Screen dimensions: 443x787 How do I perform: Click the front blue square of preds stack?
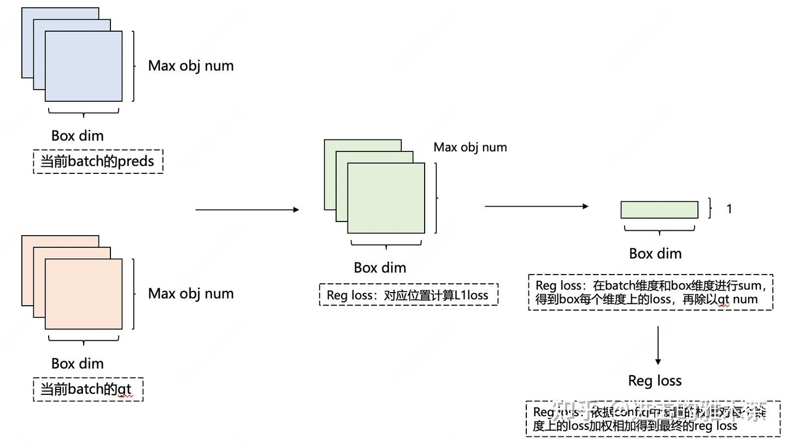coord(84,66)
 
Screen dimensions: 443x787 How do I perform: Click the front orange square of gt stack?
coord(84,294)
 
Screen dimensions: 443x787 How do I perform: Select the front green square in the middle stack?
coord(386,199)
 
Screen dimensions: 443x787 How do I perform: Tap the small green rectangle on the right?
coord(659,210)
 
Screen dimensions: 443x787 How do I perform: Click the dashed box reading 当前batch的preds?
coord(98,162)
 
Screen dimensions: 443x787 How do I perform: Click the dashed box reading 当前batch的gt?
coord(88,389)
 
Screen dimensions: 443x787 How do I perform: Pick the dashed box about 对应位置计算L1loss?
coord(408,295)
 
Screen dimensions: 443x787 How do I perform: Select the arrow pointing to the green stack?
coord(247,209)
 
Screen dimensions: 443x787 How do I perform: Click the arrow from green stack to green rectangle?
coord(536,206)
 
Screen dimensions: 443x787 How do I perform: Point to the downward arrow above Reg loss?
coord(658,346)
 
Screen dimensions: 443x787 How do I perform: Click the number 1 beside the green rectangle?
coord(729,209)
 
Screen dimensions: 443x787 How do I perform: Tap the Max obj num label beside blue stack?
coord(191,66)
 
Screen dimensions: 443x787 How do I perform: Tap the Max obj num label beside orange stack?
coord(191,294)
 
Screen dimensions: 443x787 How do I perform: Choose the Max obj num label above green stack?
coord(470,147)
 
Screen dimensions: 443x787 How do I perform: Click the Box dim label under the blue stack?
coord(77,136)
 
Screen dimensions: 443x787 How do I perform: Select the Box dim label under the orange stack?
coord(77,364)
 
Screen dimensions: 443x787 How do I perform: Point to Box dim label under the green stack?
coord(380,267)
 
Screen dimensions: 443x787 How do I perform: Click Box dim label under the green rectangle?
coord(655,254)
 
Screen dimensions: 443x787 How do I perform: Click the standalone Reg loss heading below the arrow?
coord(655,381)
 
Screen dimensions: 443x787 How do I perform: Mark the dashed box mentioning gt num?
coord(650,293)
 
